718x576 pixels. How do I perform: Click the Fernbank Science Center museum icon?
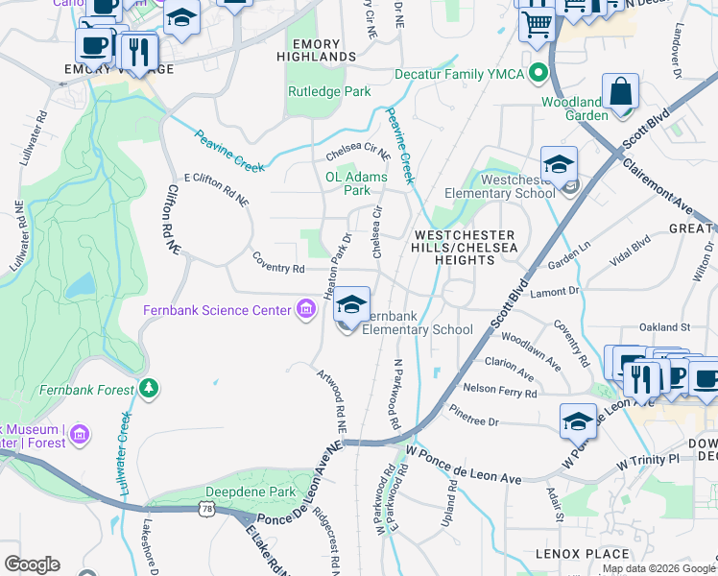(306, 309)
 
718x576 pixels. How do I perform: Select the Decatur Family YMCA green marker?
(538, 73)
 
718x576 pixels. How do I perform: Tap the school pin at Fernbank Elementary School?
(351, 305)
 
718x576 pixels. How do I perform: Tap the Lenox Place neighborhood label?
(583, 554)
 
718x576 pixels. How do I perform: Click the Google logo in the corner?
(32, 564)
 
